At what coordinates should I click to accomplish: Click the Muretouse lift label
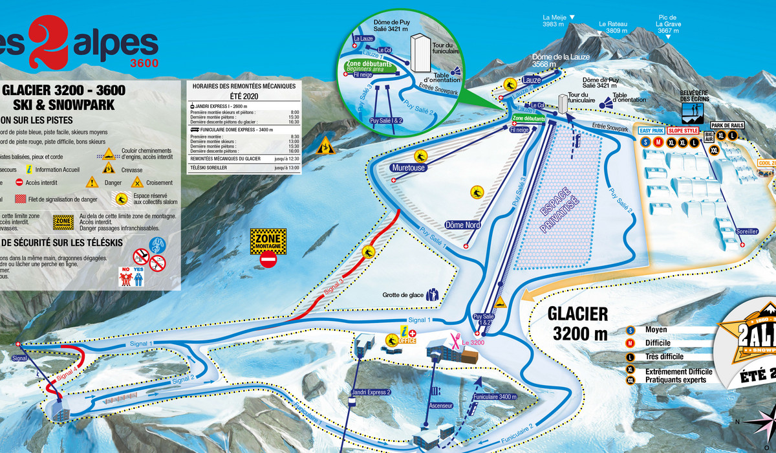point(408,168)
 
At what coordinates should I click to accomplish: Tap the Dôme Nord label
point(464,225)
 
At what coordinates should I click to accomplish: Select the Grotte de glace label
point(402,295)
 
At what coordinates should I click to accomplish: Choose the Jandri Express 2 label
point(372,393)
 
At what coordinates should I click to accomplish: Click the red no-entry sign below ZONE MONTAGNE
point(268,260)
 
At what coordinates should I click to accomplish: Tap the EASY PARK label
point(651,131)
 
